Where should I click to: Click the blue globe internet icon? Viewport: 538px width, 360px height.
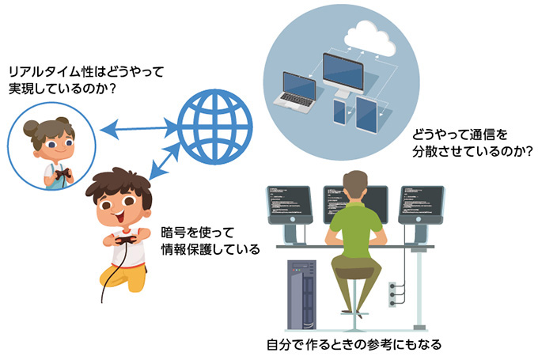(x=214, y=125)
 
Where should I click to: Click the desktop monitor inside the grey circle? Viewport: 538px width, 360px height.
(x=347, y=75)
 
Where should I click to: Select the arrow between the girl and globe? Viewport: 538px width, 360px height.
(x=140, y=126)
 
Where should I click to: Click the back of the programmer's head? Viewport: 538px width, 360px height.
(x=357, y=184)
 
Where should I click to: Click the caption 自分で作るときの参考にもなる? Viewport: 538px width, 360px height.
(x=354, y=345)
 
